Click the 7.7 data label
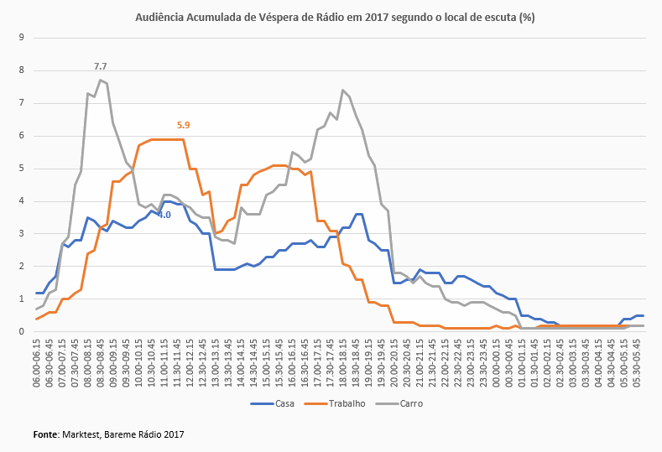(100, 65)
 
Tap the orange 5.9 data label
(183, 125)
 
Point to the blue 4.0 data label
(164, 215)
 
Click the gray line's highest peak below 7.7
(100, 81)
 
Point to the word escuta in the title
(494, 17)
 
